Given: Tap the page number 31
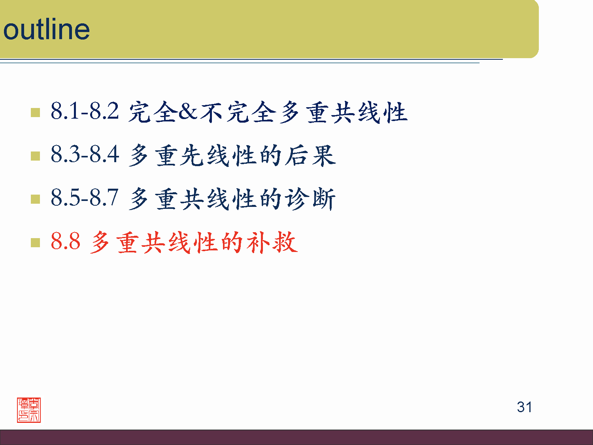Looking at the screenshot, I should (524, 407).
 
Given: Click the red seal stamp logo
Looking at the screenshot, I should (29, 410).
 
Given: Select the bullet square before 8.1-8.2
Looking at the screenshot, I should (35, 112).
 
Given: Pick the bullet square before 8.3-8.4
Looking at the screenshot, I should (35, 156).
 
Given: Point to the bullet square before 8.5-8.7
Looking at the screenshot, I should (35, 199).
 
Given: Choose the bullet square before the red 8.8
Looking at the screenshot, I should (35, 242).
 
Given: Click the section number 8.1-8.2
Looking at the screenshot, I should (85, 111).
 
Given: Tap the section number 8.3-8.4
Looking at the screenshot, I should (85, 154).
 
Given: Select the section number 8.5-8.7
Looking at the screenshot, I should (85, 197).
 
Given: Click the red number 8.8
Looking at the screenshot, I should (66, 241).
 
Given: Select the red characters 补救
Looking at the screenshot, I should (272, 242).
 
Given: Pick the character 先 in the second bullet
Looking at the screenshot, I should (193, 155).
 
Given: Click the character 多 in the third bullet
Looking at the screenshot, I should (139, 199).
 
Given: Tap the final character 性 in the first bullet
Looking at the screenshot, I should (395, 112).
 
